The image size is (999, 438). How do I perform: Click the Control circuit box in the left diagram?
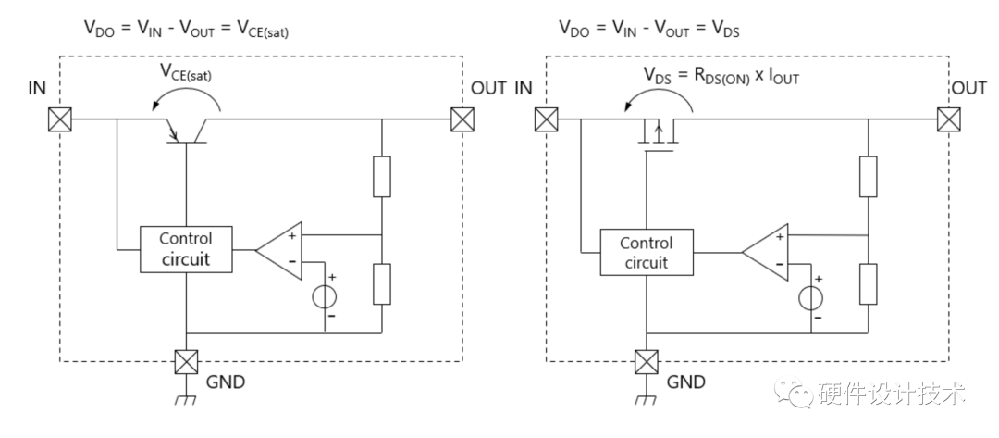coord(186,248)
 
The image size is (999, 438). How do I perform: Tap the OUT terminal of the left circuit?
coord(462,119)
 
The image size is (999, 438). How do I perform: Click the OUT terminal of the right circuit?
coord(947,119)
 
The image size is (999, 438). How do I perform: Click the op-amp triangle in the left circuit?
coord(281,248)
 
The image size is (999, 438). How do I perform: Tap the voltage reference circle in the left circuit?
coord(326,296)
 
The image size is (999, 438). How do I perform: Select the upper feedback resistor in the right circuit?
coord(868,177)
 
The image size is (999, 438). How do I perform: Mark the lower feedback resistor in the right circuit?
coord(868,283)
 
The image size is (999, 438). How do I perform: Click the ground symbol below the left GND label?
coord(187,402)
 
